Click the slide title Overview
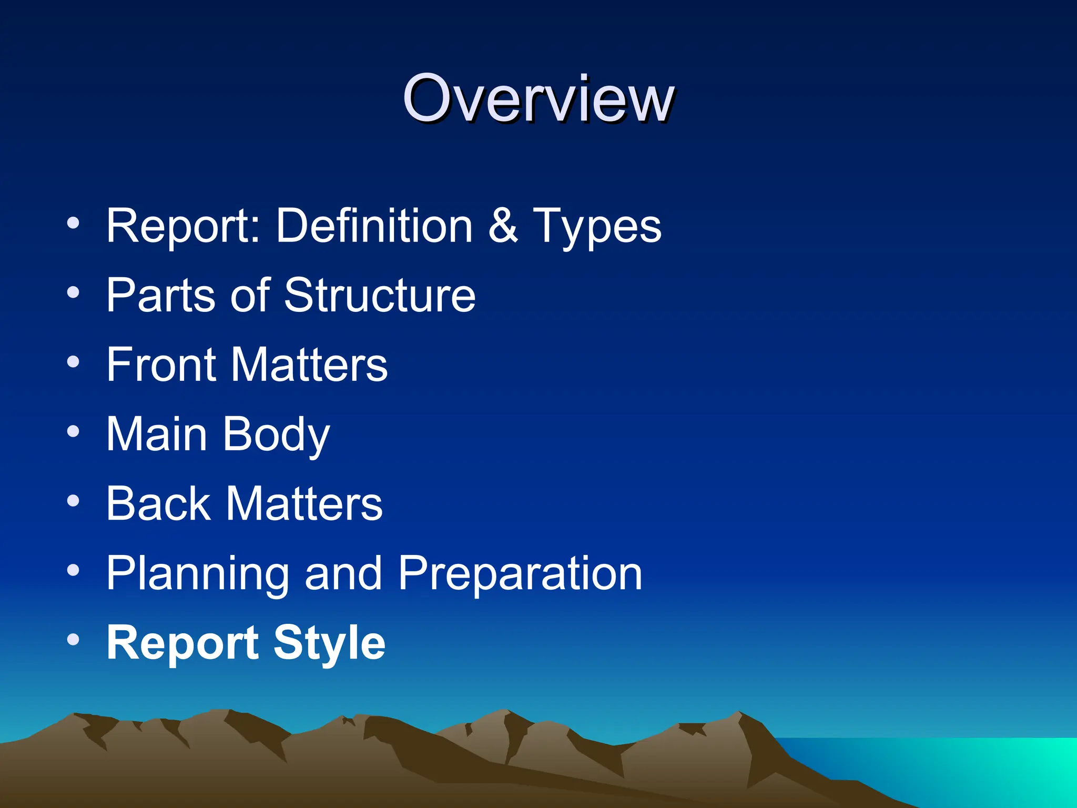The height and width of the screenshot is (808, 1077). (538, 98)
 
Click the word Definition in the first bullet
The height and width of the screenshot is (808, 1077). (374, 226)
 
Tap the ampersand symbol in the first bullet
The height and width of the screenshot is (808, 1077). (503, 226)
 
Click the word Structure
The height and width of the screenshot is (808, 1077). (380, 295)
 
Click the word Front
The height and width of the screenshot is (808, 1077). (161, 365)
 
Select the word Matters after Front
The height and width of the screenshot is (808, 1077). (309, 365)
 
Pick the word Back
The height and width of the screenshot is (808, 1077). (158, 503)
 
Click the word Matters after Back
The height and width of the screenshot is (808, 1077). (304, 503)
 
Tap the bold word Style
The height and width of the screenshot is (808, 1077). (329, 643)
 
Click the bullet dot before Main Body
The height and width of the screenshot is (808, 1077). (73, 431)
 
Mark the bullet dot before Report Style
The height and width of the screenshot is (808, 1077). (73, 640)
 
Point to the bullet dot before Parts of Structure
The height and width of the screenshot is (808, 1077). (73, 292)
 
